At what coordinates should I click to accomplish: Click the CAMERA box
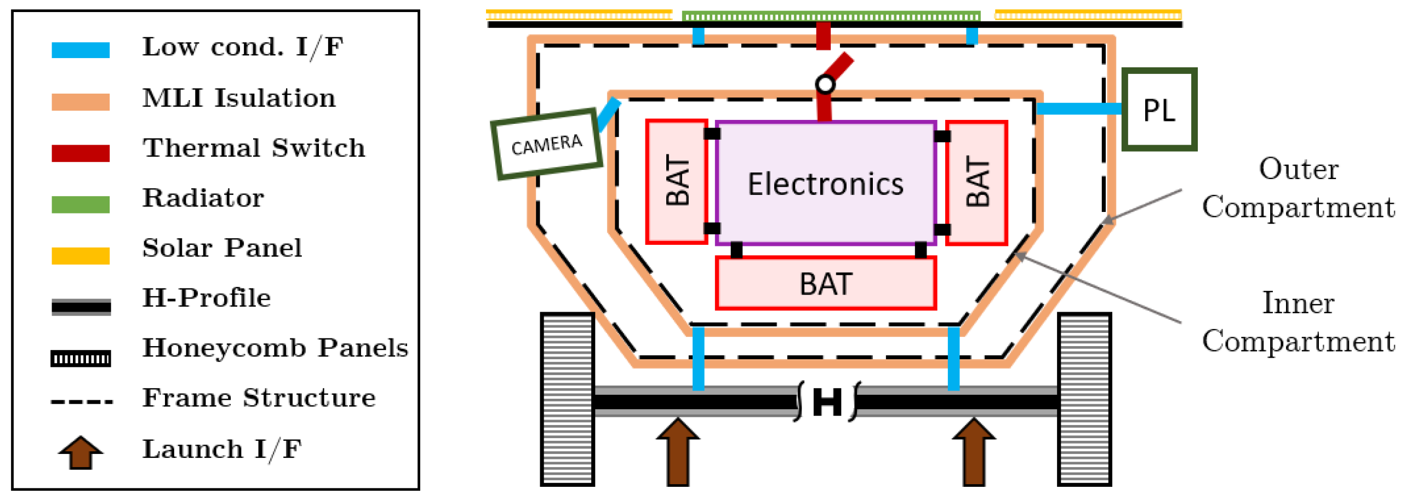[x=546, y=145]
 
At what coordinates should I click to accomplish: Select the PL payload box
[x=1158, y=110]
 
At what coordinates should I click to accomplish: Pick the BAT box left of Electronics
[x=676, y=181]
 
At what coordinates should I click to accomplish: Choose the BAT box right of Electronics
[x=977, y=182]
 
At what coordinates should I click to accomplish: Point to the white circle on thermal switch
[x=825, y=84]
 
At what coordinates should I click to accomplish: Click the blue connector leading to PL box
[x=1078, y=108]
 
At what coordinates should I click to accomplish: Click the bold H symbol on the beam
[x=826, y=403]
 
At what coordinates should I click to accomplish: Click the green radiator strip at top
[x=831, y=16]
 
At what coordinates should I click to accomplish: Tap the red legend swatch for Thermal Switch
[x=81, y=153]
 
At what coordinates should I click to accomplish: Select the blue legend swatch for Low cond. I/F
[x=81, y=50]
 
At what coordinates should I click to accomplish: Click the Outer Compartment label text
[x=1298, y=188]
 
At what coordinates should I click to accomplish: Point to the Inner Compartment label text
[x=1298, y=322]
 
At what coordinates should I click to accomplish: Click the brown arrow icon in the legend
[x=81, y=452]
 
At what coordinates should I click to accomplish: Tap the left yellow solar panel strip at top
[x=579, y=15]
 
